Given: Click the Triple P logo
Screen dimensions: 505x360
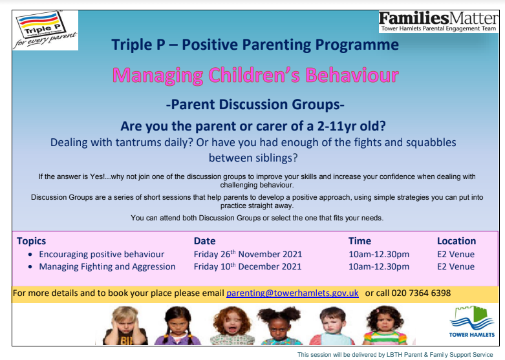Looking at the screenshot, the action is (45, 30).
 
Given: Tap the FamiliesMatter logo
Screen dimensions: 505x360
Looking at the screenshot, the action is (438, 21).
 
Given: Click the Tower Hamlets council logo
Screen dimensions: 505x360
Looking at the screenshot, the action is (472, 321).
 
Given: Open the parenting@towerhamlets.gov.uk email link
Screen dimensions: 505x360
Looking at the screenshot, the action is (292, 293).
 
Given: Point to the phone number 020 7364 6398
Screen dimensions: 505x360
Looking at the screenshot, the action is (421, 293).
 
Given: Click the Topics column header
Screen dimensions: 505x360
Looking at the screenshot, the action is (31, 241).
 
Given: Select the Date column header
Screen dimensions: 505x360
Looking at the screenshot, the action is (204, 241).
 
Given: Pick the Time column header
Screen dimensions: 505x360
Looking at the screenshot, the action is (360, 241).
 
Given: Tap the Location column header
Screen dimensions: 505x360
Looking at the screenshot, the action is (457, 241).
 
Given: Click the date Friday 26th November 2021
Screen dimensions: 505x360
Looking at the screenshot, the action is (248, 254).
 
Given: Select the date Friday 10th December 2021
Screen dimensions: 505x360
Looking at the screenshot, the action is (248, 266).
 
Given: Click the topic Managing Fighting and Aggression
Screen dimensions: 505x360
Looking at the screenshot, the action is (107, 267).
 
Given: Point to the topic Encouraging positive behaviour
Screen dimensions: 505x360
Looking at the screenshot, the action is (102, 255).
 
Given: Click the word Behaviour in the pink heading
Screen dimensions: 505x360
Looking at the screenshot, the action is (352, 75).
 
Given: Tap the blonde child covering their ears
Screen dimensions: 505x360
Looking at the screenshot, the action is (125, 326).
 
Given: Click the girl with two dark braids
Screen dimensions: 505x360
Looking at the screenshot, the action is (177, 326).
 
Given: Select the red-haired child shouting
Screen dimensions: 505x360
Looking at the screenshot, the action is (232, 326).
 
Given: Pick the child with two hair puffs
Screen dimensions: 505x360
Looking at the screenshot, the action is (279, 326).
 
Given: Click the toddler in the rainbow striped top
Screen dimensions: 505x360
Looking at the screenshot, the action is (385, 326).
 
